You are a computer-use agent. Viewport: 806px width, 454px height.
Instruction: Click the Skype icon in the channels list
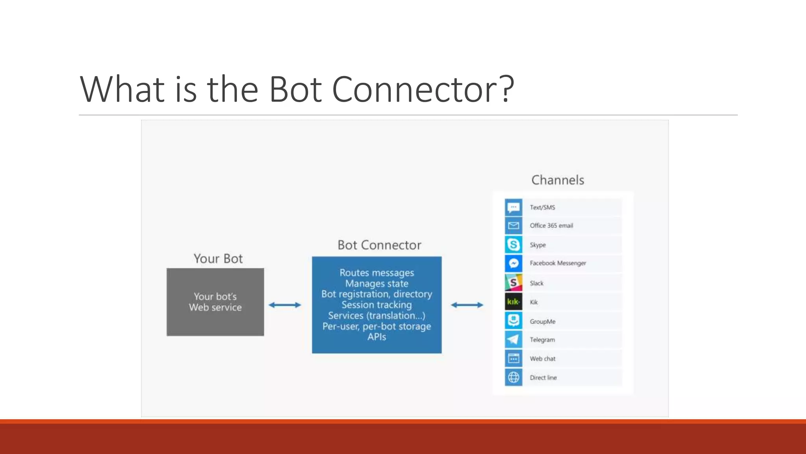coord(514,245)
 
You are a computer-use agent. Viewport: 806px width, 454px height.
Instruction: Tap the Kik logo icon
coord(514,302)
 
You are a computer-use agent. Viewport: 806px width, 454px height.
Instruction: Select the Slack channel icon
coord(514,283)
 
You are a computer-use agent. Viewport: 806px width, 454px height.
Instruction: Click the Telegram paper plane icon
coord(514,339)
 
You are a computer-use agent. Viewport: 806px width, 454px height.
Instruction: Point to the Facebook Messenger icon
coord(514,263)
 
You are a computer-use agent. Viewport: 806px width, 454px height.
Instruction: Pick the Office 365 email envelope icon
coord(514,225)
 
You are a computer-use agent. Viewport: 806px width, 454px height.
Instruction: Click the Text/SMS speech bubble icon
coord(514,207)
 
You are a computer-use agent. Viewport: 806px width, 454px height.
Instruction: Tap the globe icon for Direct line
coord(514,378)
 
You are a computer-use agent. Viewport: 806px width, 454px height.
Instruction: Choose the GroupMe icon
coord(514,321)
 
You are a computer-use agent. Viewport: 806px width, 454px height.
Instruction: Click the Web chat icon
coord(514,359)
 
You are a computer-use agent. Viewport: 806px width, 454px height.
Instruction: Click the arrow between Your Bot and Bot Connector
coord(285,305)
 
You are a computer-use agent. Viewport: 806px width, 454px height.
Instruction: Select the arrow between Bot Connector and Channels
coord(467,305)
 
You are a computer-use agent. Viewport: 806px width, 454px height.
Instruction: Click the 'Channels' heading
coord(558,180)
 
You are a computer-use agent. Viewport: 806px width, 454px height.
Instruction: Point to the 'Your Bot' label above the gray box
coord(218,259)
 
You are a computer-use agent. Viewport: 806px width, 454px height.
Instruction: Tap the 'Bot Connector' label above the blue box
coord(379,245)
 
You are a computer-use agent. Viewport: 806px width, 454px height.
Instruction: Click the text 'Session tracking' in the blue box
coord(377,305)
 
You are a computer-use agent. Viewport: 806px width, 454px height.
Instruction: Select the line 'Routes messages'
coord(377,273)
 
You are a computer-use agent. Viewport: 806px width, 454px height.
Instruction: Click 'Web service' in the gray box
coord(215,307)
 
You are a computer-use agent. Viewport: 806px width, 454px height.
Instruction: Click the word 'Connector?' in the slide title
coord(423,89)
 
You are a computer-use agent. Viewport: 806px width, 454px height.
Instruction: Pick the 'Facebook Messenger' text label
coord(558,263)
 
